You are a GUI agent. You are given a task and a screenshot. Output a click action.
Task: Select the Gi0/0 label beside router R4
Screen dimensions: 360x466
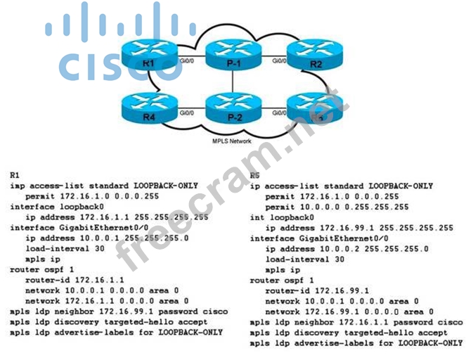click(186, 112)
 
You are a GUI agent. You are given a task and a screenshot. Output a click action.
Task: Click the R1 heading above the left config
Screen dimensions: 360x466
click(15, 174)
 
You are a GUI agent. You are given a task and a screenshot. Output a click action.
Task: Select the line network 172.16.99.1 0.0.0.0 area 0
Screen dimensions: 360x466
click(349, 311)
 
